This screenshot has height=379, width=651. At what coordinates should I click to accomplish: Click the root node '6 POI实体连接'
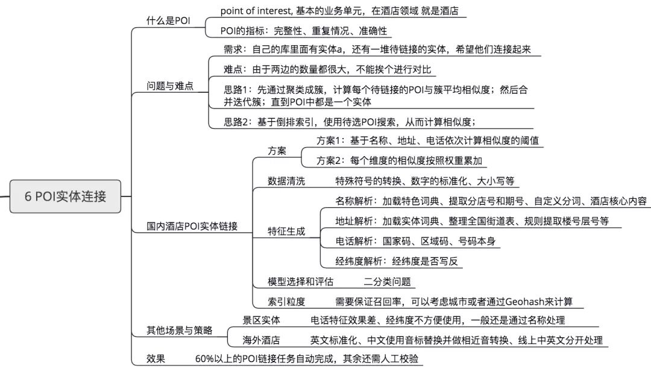65,196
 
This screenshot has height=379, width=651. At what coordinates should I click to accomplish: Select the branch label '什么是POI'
168,20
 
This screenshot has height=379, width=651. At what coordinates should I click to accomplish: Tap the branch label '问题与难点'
170,86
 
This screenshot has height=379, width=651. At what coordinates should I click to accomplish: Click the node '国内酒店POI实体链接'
192,227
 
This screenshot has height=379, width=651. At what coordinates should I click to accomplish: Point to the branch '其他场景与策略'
180,330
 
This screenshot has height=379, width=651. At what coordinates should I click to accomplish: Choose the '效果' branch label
156,359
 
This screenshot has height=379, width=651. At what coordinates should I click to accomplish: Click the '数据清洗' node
286,181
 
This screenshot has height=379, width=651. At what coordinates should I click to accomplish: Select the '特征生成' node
286,231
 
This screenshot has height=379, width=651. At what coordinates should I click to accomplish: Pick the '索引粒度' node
286,301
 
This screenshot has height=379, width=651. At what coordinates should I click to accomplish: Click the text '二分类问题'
387,281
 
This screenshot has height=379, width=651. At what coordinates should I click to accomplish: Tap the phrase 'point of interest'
256,11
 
